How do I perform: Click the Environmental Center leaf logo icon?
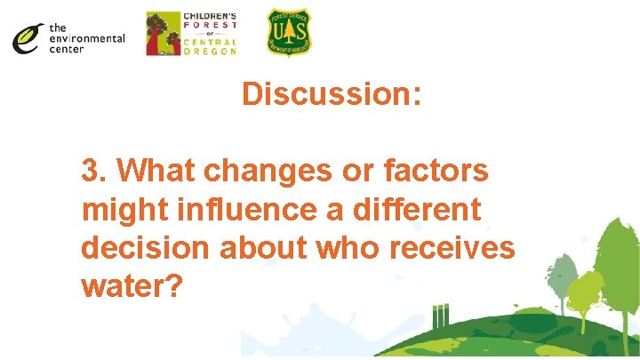[28, 38]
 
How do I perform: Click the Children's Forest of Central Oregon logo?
[191, 34]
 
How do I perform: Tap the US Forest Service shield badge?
[290, 33]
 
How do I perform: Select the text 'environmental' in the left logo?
[87, 38]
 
